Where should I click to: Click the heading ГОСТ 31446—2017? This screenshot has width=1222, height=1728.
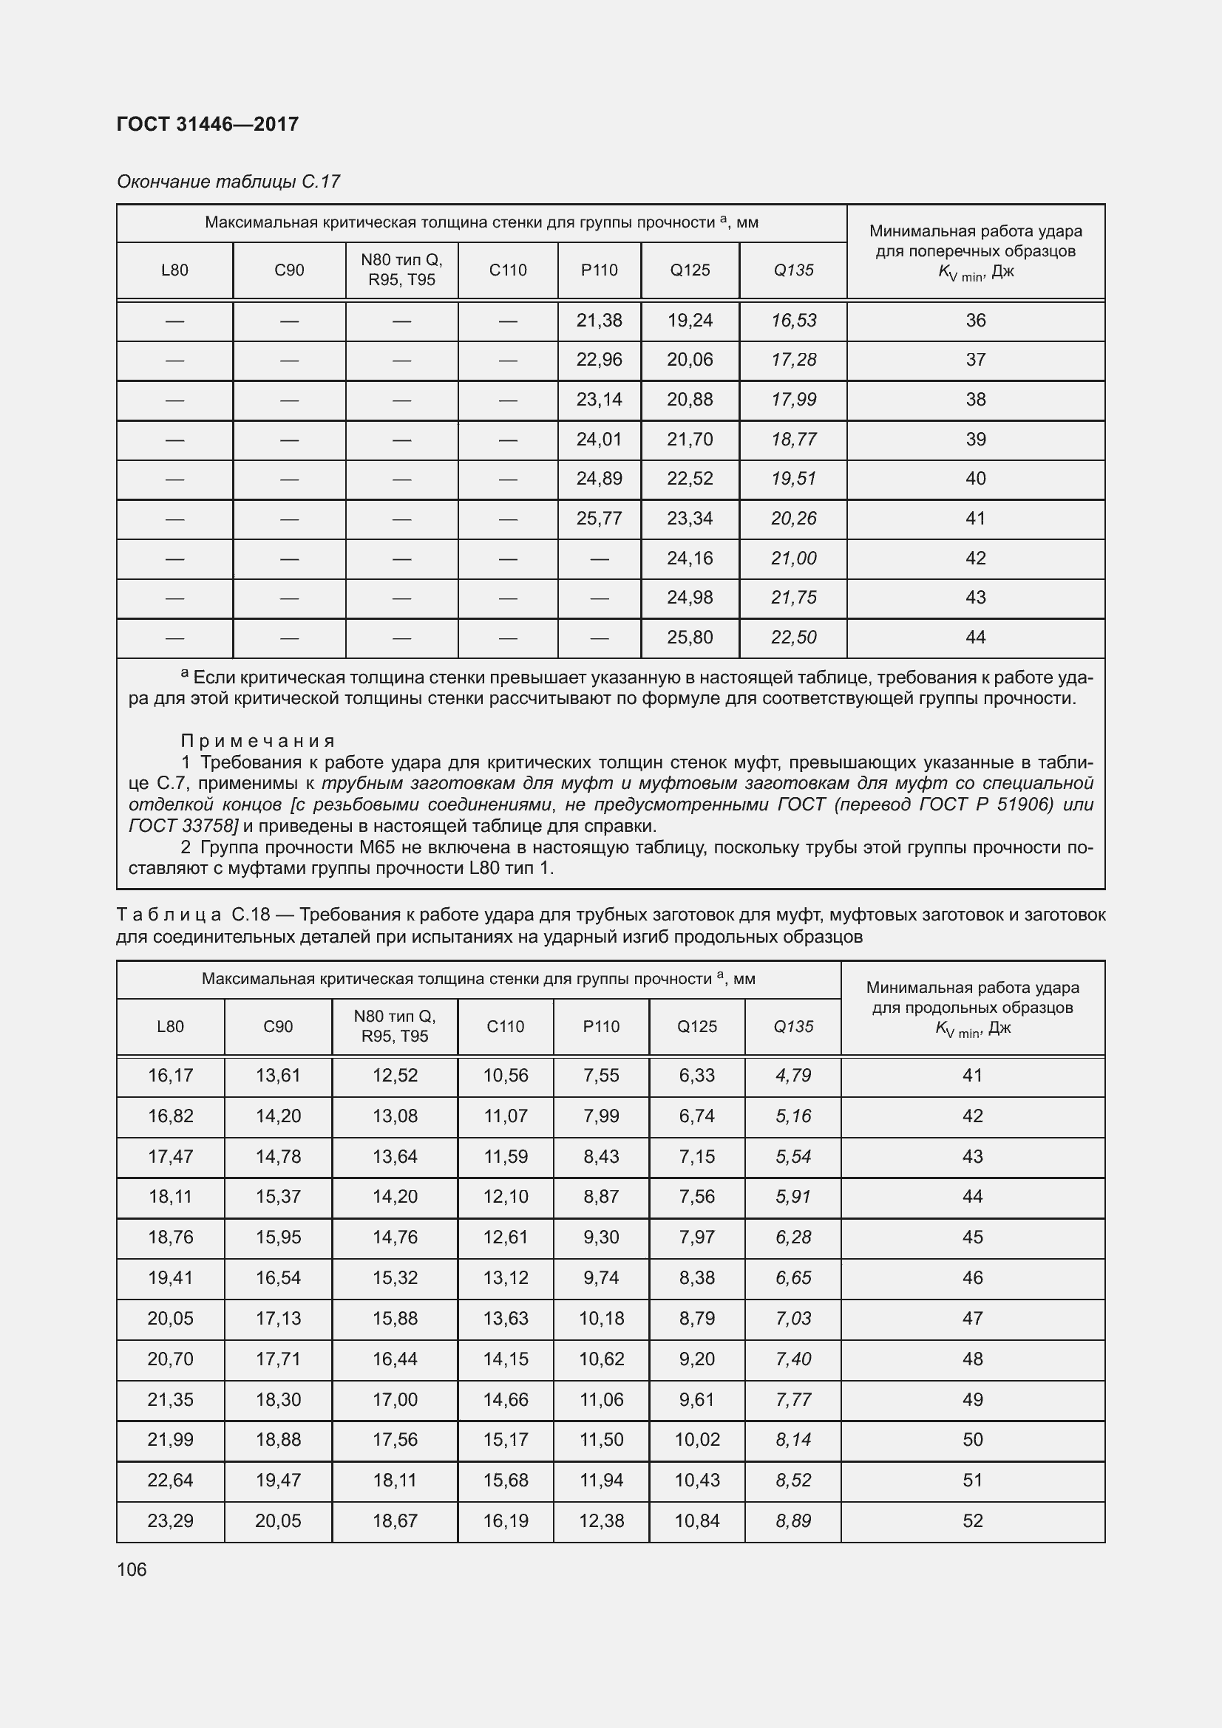pyautogui.click(x=208, y=124)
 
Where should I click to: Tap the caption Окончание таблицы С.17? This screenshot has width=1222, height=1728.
pyautogui.click(x=228, y=182)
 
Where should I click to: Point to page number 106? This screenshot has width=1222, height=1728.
pyautogui.click(x=132, y=1569)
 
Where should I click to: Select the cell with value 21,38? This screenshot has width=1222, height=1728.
pyautogui.click(x=600, y=321)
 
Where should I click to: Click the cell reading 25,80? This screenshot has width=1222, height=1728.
pyautogui.click(x=690, y=638)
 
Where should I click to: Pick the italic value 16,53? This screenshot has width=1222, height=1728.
pyautogui.click(x=793, y=321)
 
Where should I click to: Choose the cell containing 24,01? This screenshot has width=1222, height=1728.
pyautogui.click(x=600, y=440)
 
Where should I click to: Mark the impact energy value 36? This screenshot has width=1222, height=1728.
pyautogui.click(x=976, y=321)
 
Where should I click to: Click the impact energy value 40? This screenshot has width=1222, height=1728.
pyautogui.click(x=976, y=479)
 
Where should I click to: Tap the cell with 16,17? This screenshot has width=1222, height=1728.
pyautogui.click(x=171, y=1076)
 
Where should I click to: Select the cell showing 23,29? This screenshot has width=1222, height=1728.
pyautogui.click(x=171, y=1520)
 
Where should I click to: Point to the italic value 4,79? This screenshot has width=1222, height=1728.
pyautogui.click(x=793, y=1076)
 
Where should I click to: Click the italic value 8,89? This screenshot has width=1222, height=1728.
pyautogui.click(x=793, y=1520)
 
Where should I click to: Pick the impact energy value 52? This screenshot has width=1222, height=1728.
pyautogui.click(x=973, y=1520)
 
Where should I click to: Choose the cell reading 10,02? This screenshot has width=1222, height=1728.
pyautogui.click(x=697, y=1439)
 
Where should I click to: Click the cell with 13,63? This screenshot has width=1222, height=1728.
pyautogui.click(x=506, y=1318)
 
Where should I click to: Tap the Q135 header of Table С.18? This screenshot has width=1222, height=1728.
pyautogui.click(x=793, y=1027)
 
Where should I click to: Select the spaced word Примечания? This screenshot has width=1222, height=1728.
pyautogui.click(x=258, y=741)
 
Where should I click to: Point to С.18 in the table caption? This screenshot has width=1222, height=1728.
pyautogui.click(x=251, y=915)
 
